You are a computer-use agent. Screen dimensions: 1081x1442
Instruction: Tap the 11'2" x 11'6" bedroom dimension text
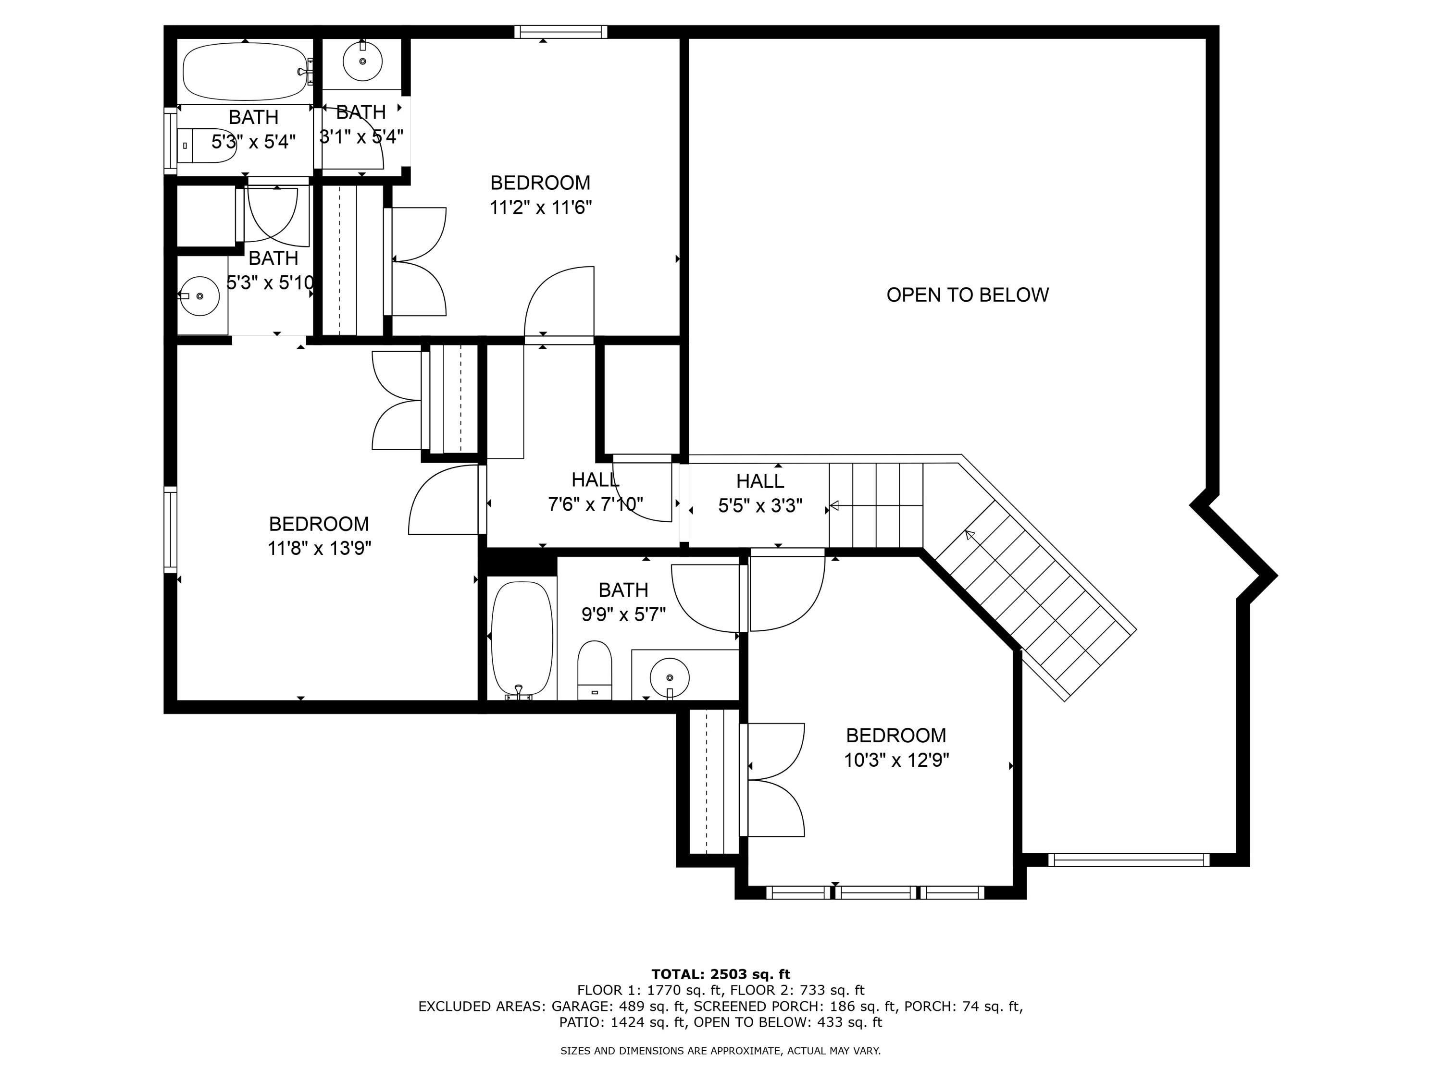pos(540,208)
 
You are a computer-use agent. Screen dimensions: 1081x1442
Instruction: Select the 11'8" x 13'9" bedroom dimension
pos(320,549)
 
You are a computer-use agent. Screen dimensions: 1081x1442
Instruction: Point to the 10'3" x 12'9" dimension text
pos(896,761)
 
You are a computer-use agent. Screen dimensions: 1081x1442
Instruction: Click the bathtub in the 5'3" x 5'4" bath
pos(244,72)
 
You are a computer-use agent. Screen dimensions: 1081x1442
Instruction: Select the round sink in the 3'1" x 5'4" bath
pos(362,61)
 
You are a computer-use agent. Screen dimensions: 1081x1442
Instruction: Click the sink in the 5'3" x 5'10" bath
pos(199,296)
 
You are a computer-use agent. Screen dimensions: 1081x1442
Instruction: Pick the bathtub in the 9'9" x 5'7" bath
pos(522,639)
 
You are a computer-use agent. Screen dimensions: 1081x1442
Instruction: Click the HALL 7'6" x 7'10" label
pos(595,492)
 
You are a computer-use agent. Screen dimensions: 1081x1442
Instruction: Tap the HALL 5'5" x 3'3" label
pos(760,493)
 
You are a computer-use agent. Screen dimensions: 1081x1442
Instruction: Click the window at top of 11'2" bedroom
pos(560,32)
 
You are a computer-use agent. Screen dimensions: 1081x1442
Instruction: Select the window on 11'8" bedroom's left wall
pos(170,529)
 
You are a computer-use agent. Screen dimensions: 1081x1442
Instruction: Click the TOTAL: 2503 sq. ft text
pos(721,974)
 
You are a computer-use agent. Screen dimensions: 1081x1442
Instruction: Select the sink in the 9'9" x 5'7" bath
pos(670,677)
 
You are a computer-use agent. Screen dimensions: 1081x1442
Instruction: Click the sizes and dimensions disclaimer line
pos(721,1050)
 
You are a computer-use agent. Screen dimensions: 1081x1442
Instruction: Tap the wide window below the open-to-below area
pos(1129,860)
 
